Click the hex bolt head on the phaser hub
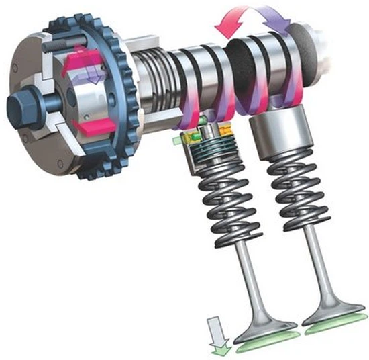pos(18,108)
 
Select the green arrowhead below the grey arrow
pos(218,347)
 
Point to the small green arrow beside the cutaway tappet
pos(177,140)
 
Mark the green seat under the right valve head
pos(335,328)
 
